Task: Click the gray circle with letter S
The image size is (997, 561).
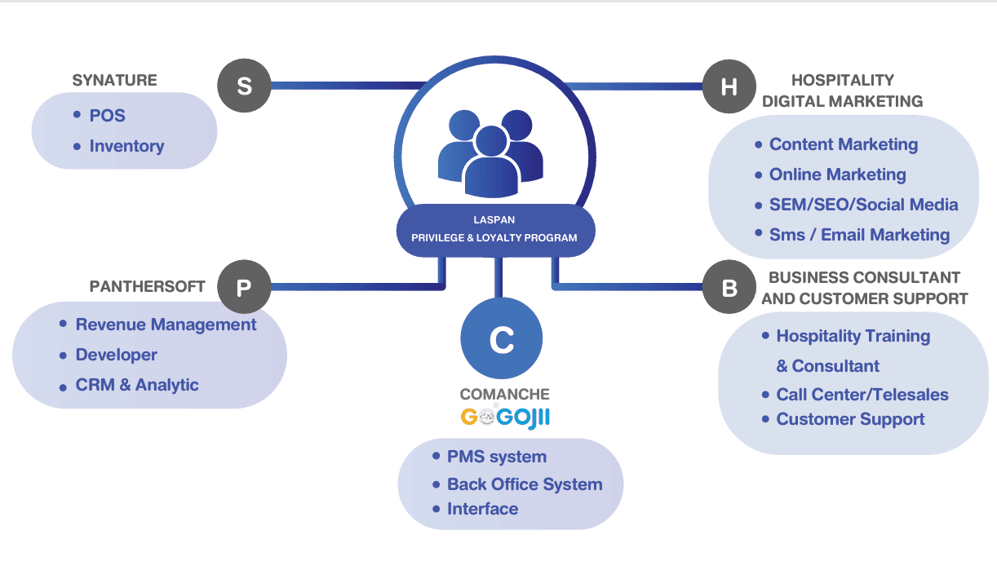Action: pyautogui.click(x=244, y=86)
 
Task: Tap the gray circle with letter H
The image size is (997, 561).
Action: pyautogui.click(x=729, y=86)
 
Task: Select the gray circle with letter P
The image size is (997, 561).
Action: pyautogui.click(x=244, y=287)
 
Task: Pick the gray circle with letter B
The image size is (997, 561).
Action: pyautogui.click(x=729, y=287)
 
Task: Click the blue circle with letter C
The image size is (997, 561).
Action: pyautogui.click(x=502, y=338)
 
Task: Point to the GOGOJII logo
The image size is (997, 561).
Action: pyautogui.click(x=505, y=417)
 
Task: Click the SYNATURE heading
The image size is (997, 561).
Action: pyautogui.click(x=115, y=80)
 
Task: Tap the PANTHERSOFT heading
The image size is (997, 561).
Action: pyautogui.click(x=148, y=286)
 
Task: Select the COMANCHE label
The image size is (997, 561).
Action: pyautogui.click(x=505, y=394)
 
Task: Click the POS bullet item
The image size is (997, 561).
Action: pyautogui.click(x=100, y=116)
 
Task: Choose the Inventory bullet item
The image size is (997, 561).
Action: pyautogui.click(x=119, y=146)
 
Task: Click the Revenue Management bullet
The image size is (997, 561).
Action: pyautogui.click(x=158, y=325)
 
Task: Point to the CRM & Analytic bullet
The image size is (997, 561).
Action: pyautogui.click(x=129, y=385)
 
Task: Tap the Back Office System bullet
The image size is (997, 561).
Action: pyautogui.click(x=517, y=484)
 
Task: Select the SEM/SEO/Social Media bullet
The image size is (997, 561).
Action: pyautogui.click(x=857, y=205)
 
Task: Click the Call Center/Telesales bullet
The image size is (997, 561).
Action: pyautogui.click(x=856, y=395)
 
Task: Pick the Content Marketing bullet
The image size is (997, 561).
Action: pyautogui.click(x=837, y=144)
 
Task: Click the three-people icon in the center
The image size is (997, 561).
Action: pyautogui.click(x=491, y=152)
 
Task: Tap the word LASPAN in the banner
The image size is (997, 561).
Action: pyautogui.click(x=494, y=220)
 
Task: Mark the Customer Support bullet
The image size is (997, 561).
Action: pyautogui.click(x=844, y=419)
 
